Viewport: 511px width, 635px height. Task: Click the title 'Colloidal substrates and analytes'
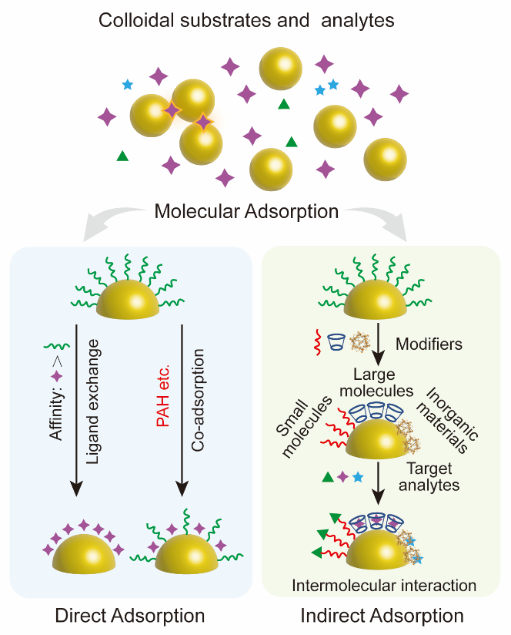coord(246,20)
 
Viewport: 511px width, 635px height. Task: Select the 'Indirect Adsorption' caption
coord(382,616)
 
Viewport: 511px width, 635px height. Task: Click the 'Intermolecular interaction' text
coord(384,586)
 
